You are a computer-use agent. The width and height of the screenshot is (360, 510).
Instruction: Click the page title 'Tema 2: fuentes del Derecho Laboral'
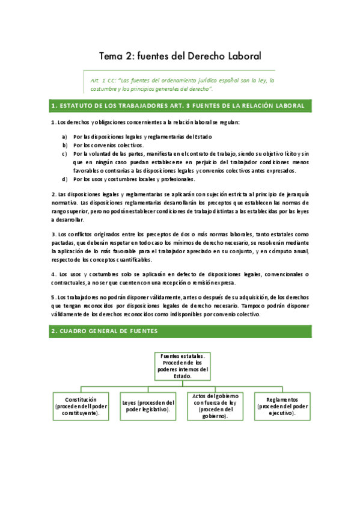[x=180, y=57]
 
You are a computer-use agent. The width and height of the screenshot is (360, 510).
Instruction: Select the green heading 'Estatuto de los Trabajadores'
[x=180, y=106]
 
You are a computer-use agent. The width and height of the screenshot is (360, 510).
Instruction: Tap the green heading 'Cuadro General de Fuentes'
[x=105, y=331]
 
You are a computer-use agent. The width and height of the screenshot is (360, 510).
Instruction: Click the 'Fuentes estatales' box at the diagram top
[x=181, y=365]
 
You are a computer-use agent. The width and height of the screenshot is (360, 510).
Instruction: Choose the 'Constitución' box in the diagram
[x=81, y=406]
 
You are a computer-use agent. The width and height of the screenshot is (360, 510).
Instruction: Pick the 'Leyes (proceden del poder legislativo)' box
[x=148, y=406]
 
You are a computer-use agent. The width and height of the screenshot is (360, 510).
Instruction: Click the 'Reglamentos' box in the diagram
[x=281, y=406]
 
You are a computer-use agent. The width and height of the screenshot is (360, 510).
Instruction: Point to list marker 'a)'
[x=64, y=137]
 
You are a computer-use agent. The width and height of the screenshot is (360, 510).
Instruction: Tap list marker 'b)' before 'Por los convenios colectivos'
[x=64, y=145]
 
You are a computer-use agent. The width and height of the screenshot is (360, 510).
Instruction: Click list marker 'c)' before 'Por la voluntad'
[x=64, y=153]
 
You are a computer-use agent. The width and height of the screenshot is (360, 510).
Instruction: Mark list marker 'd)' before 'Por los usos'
[x=64, y=179]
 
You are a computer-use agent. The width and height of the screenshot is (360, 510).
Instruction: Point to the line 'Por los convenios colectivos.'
[x=109, y=145]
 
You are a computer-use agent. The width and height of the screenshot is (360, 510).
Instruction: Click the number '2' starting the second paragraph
[x=53, y=195]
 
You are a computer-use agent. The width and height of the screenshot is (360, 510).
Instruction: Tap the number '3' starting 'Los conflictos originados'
[x=53, y=233]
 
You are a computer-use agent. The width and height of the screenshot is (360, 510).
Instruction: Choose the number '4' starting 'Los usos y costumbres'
[x=53, y=274]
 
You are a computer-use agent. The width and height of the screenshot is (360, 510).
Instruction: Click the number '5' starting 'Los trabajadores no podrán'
[x=53, y=296]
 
